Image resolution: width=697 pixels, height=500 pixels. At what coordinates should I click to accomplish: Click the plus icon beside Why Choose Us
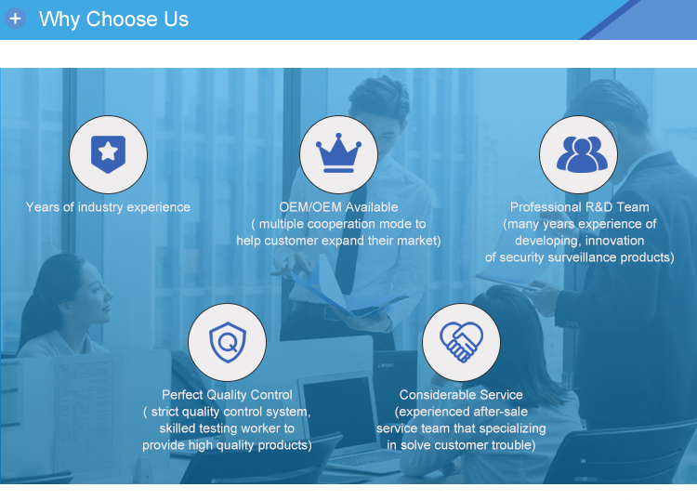tap(15, 19)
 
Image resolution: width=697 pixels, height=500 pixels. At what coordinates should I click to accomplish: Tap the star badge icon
tap(108, 154)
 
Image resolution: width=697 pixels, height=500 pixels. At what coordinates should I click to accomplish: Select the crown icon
tap(338, 153)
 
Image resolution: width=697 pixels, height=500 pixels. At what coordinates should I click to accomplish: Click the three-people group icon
tap(582, 154)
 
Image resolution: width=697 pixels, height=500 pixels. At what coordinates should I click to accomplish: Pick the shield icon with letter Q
tap(228, 342)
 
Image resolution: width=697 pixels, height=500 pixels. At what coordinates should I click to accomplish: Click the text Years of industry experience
tap(108, 207)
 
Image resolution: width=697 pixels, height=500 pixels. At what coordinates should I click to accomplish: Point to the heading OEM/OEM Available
tap(338, 207)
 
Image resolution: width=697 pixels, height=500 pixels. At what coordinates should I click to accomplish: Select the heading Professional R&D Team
tap(580, 207)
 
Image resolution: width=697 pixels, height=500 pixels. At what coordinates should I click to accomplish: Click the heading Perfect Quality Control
tap(227, 395)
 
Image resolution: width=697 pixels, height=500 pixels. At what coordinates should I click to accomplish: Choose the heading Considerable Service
tap(461, 395)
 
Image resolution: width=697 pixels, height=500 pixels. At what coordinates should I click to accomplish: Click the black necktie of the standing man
tap(348, 240)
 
